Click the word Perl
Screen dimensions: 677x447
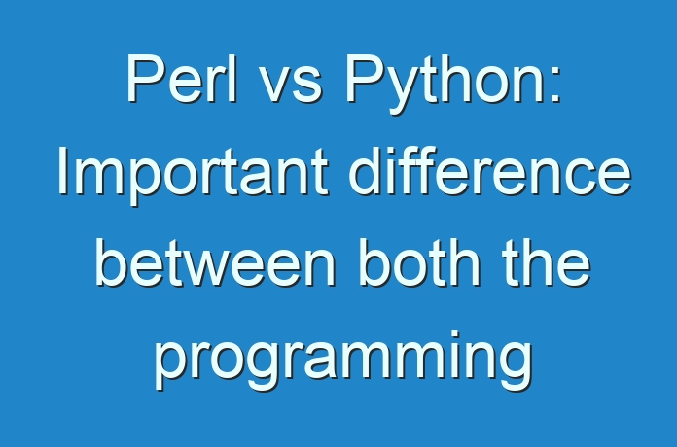click(x=182, y=78)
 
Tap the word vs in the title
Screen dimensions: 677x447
click(x=292, y=85)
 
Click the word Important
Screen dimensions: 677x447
click(x=193, y=176)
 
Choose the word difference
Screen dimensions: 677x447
click(x=489, y=170)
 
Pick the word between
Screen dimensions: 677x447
click(x=215, y=262)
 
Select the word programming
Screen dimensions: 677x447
click(x=343, y=361)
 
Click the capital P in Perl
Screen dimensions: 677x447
click(x=145, y=78)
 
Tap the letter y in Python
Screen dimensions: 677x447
click(x=404, y=91)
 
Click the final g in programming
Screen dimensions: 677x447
click(x=516, y=366)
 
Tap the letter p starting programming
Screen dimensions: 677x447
click(x=171, y=366)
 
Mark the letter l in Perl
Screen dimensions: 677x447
click(x=233, y=78)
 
